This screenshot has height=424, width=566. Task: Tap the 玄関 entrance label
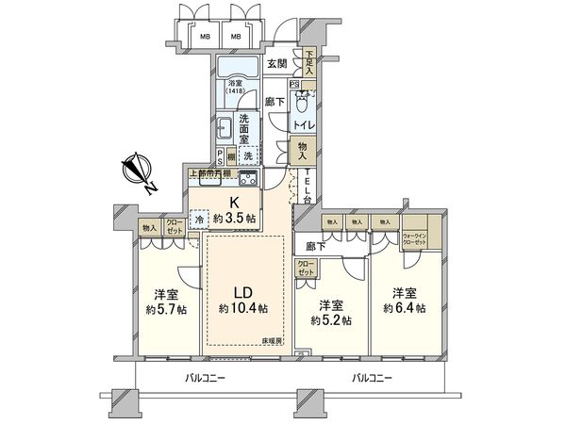(x=277, y=64)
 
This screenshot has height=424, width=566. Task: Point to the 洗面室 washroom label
(x=244, y=126)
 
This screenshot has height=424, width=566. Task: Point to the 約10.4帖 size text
(x=242, y=308)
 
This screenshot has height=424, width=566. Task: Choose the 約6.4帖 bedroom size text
(x=405, y=307)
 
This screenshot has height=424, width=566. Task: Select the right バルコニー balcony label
(x=375, y=378)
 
